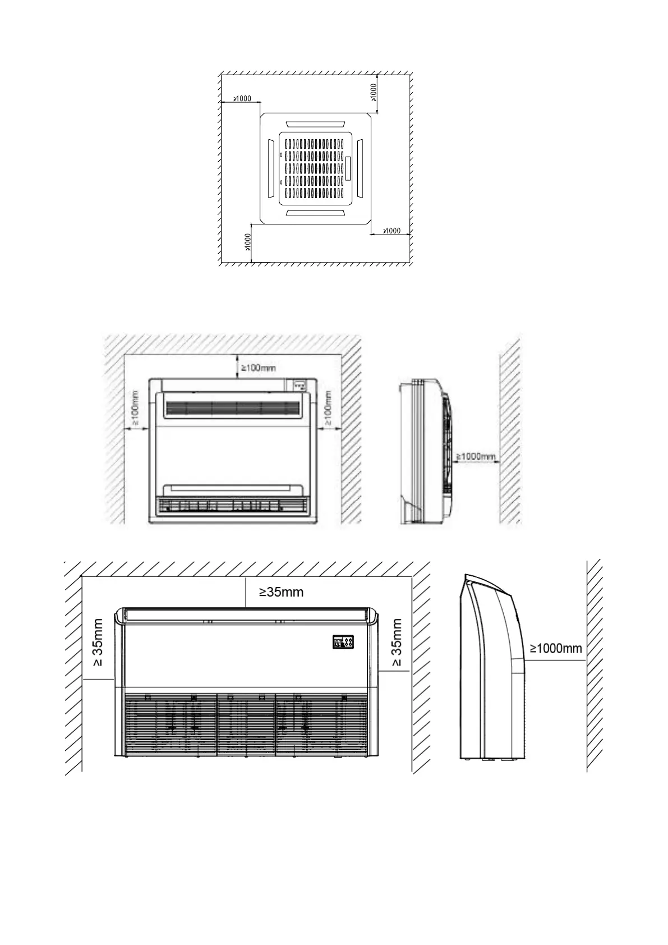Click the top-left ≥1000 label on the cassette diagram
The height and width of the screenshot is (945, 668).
[x=242, y=99]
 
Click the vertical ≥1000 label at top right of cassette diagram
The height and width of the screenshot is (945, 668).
[x=374, y=92]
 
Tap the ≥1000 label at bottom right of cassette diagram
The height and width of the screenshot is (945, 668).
[x=391, y=231]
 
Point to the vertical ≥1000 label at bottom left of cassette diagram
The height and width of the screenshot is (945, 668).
[x=247, y=243]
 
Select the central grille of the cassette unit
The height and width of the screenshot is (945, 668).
[x=316, y=168]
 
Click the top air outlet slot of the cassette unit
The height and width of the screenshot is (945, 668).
[x=315, y=123]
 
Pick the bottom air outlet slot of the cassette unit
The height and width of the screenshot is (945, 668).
[x=315, y=213]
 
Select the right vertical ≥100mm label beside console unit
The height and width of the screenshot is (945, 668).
[x=329, y=408]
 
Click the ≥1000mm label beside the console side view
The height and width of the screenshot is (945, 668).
[x=476, y=457]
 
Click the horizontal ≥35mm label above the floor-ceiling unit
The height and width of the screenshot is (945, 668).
[x=281, y=592]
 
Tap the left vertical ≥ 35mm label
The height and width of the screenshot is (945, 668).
[x=98, y=643]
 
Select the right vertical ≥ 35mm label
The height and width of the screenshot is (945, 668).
[x=397, y=643]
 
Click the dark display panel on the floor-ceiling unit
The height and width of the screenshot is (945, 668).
[x=344, y=643]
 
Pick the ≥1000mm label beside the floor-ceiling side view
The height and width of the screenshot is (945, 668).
[x=556, y=649]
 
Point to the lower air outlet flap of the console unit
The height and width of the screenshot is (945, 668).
[x=233, y=489]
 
